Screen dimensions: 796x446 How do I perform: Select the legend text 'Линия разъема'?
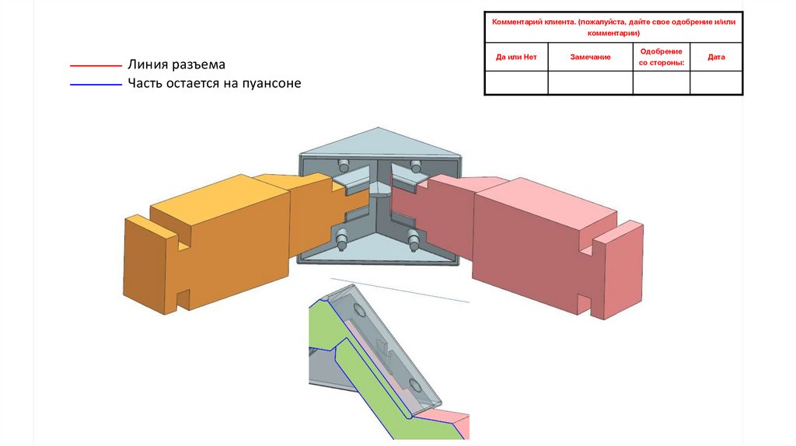(176, 64)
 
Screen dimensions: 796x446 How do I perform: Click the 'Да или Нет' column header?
(516, 57)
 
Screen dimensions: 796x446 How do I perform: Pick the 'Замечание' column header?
(590, 57)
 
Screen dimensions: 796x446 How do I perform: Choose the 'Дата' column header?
(716, 57)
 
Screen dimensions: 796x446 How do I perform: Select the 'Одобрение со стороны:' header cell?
(662, 57)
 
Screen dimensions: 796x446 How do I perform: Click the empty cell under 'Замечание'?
(590, 82)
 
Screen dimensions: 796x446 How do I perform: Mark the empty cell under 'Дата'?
(716, 82)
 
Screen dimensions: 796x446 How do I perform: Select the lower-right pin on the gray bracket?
(414, 240)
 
